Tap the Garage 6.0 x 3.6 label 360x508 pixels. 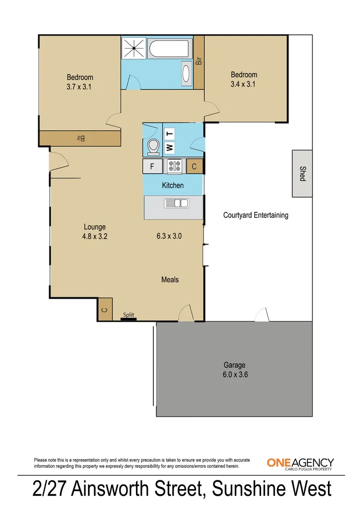click(234, 369)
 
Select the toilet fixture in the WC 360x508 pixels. click(152, 146)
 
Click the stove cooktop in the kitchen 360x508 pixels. click(175, 166)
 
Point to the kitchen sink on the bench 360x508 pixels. click(176, 203)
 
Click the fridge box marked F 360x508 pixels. click(152, 166)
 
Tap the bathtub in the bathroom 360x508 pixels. click(168, 48)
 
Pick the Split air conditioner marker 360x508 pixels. click(128, 317)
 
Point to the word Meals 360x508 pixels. click(170, 279)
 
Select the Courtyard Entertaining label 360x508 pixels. click(255, 215)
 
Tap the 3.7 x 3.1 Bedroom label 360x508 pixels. click(80, 82)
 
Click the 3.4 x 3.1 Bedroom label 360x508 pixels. click(244, 79)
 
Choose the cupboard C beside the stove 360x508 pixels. click(195, 166)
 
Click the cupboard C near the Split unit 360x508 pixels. click(105, 309)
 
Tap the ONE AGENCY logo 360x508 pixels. click(300, 463)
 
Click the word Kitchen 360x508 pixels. click(173, 185)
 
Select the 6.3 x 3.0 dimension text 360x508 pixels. click(169, 236)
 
